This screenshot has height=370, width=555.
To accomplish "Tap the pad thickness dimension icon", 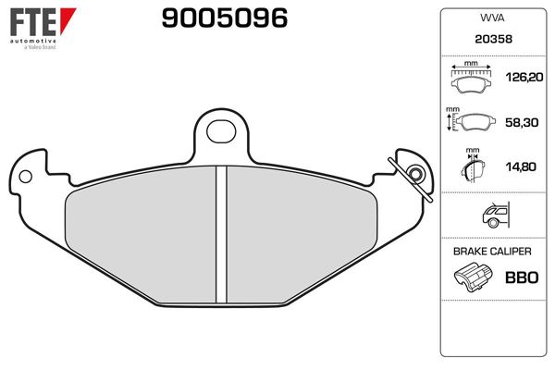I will click(473, 167).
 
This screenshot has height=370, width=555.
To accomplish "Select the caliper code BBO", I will click(521, 277).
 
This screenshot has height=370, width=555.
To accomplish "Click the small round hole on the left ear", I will click(26, 174).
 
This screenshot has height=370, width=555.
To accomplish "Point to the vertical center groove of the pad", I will click(220, 236).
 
